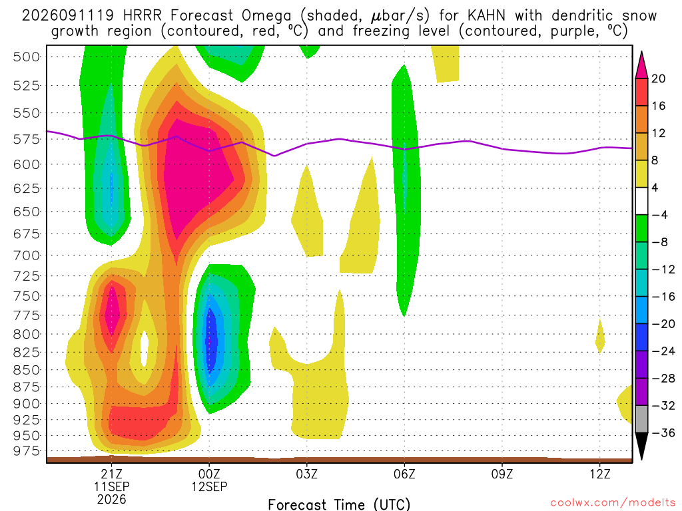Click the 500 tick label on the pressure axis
click(26, 57)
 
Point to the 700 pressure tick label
click(26, 255)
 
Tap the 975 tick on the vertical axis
click(26, 451)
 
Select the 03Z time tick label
click(307, 474)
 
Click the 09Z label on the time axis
click(502, 474)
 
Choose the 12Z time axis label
click(600, 474)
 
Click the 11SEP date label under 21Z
click(112, 486)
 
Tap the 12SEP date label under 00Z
click(210, 486)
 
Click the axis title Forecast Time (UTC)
click(339, 504)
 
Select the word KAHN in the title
click(487, 16)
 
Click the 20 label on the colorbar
click(659, 79)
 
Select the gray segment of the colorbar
click(641, 419)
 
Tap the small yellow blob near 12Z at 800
click(600, 336)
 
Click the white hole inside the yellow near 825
click(145, 348)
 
